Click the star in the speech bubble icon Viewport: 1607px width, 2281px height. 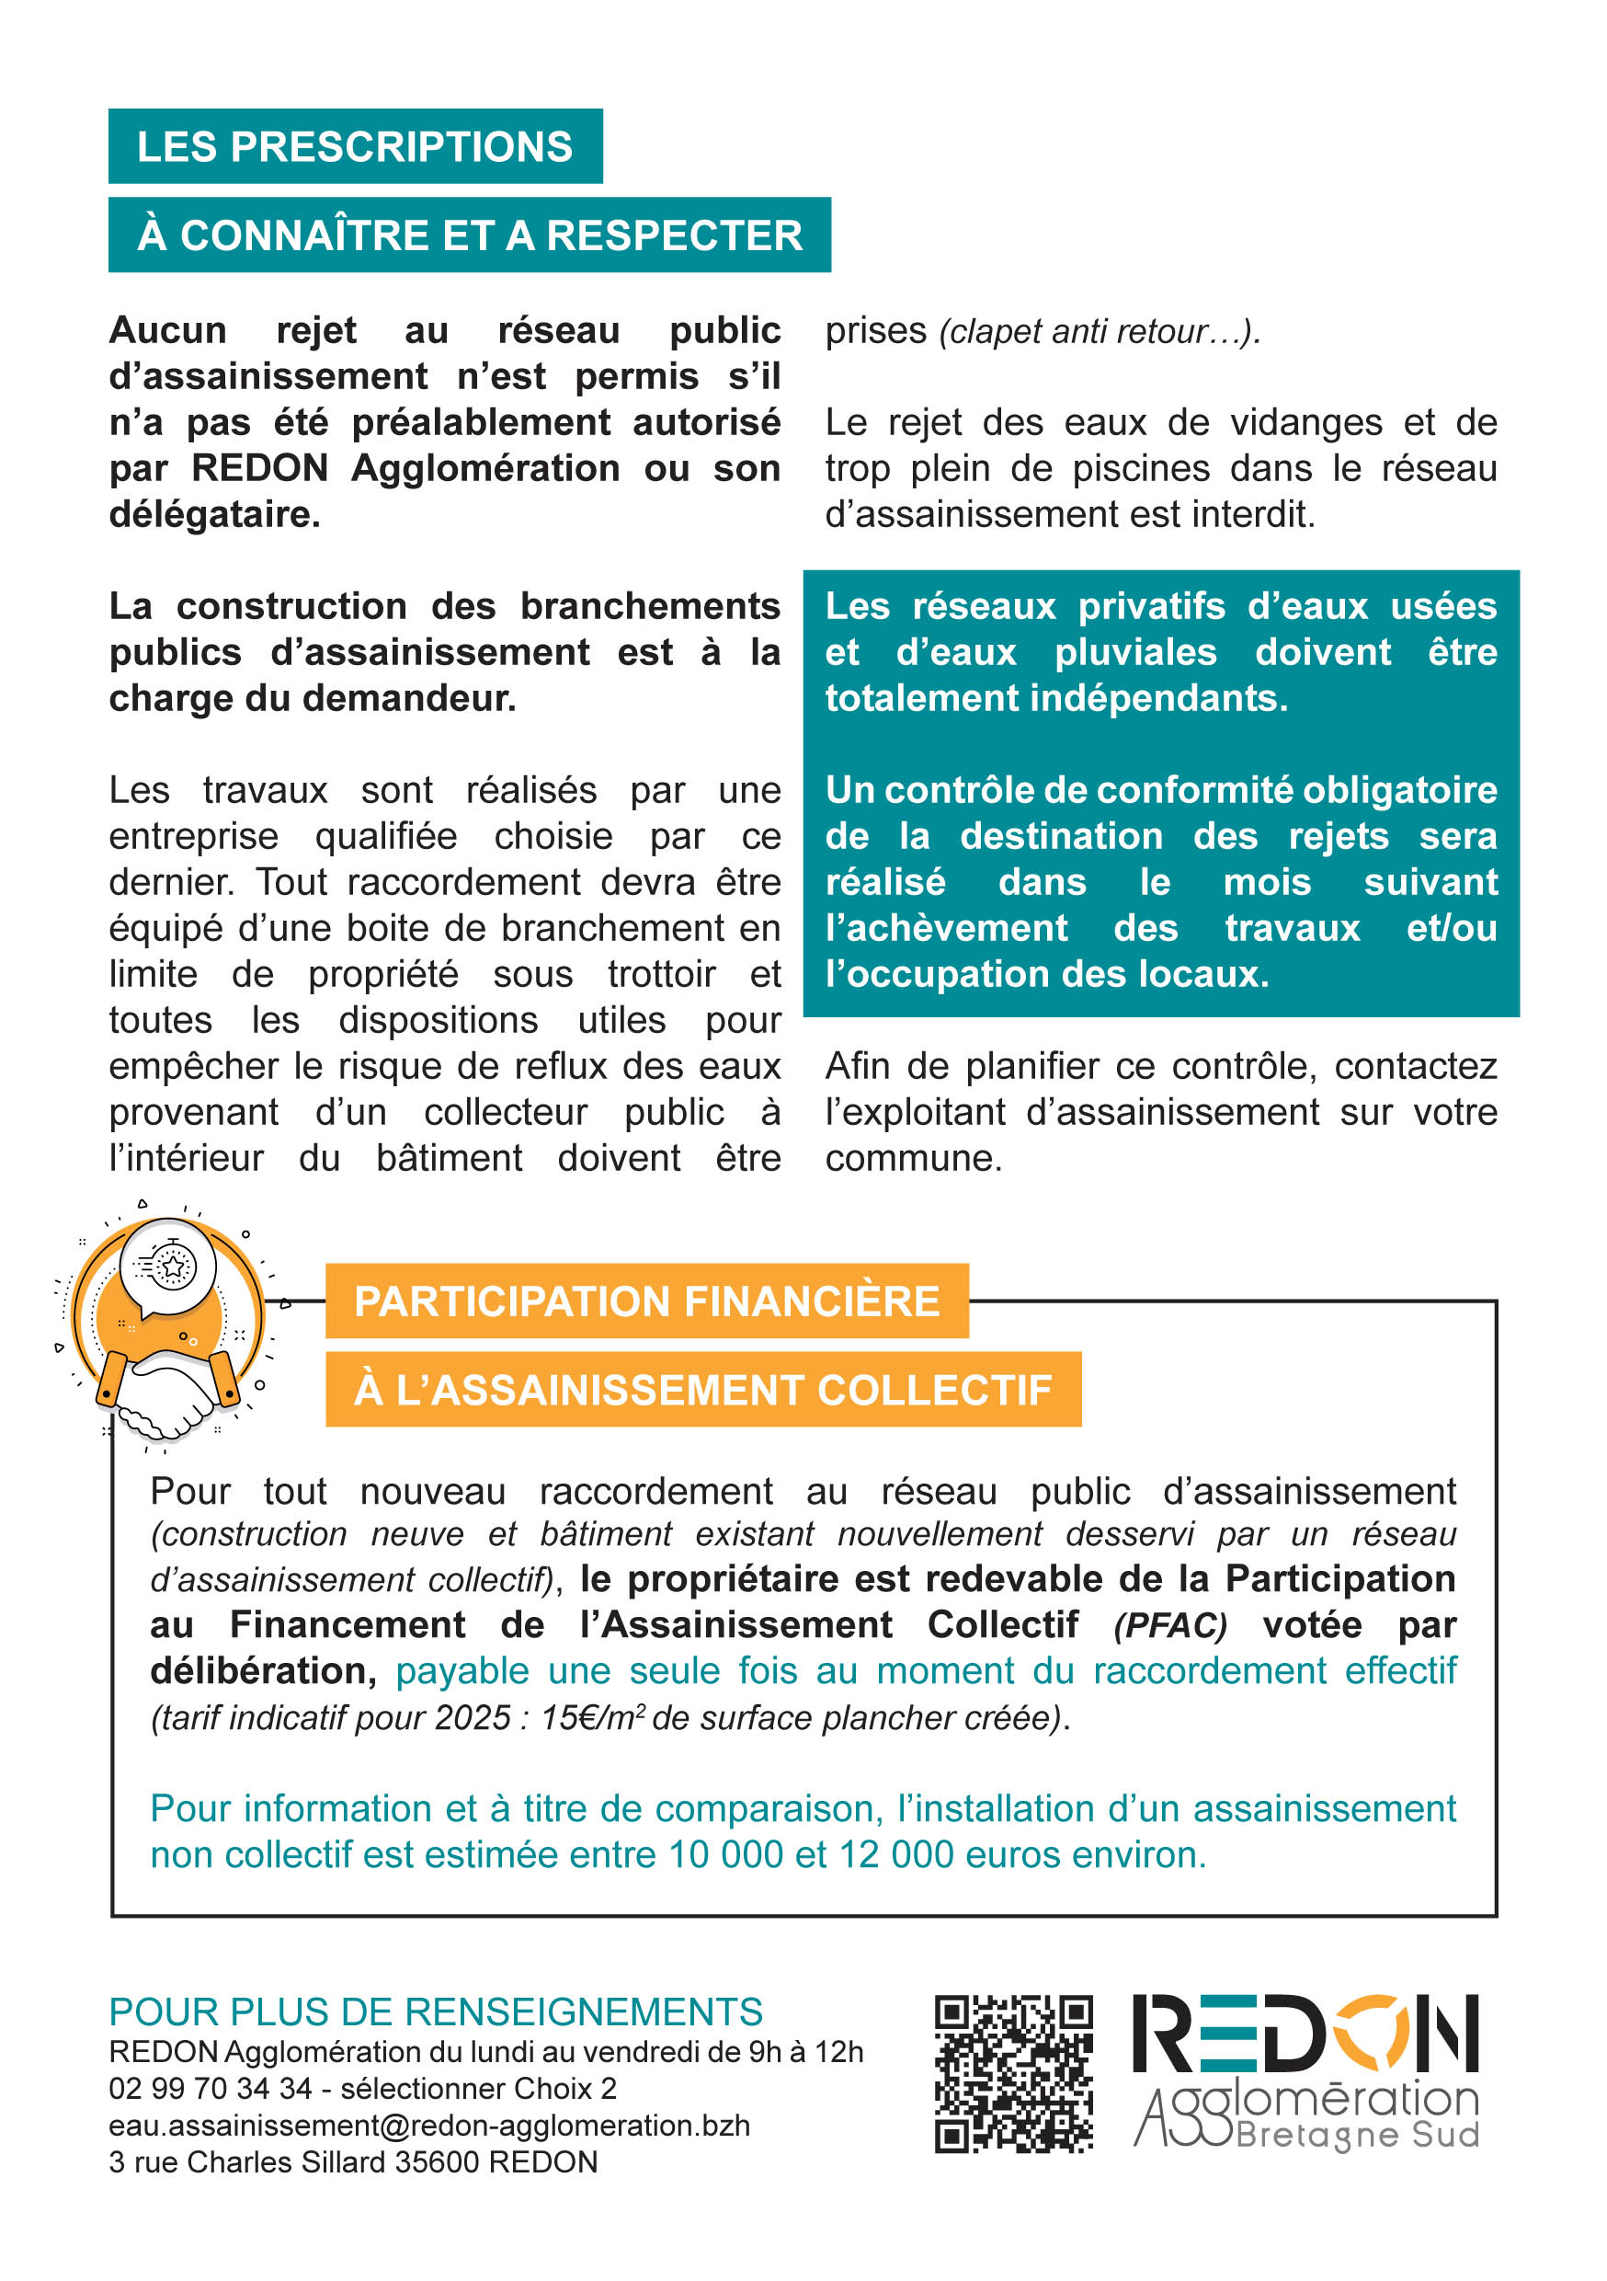point(174,1267)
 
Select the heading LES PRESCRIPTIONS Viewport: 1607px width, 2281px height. point(355,147)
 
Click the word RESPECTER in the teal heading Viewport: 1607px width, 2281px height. point(675,235)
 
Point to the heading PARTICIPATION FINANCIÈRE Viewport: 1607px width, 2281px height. point(646,1301)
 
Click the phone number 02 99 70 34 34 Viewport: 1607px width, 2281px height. point(211,2088)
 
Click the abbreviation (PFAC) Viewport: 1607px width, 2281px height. point(1170,1625)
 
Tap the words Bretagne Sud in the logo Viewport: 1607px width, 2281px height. point(1358,2135)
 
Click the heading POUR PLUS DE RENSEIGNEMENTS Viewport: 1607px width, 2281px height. point(435,2012)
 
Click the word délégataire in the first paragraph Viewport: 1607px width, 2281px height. point(213,515)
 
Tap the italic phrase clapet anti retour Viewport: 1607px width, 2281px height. point(1077,332)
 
